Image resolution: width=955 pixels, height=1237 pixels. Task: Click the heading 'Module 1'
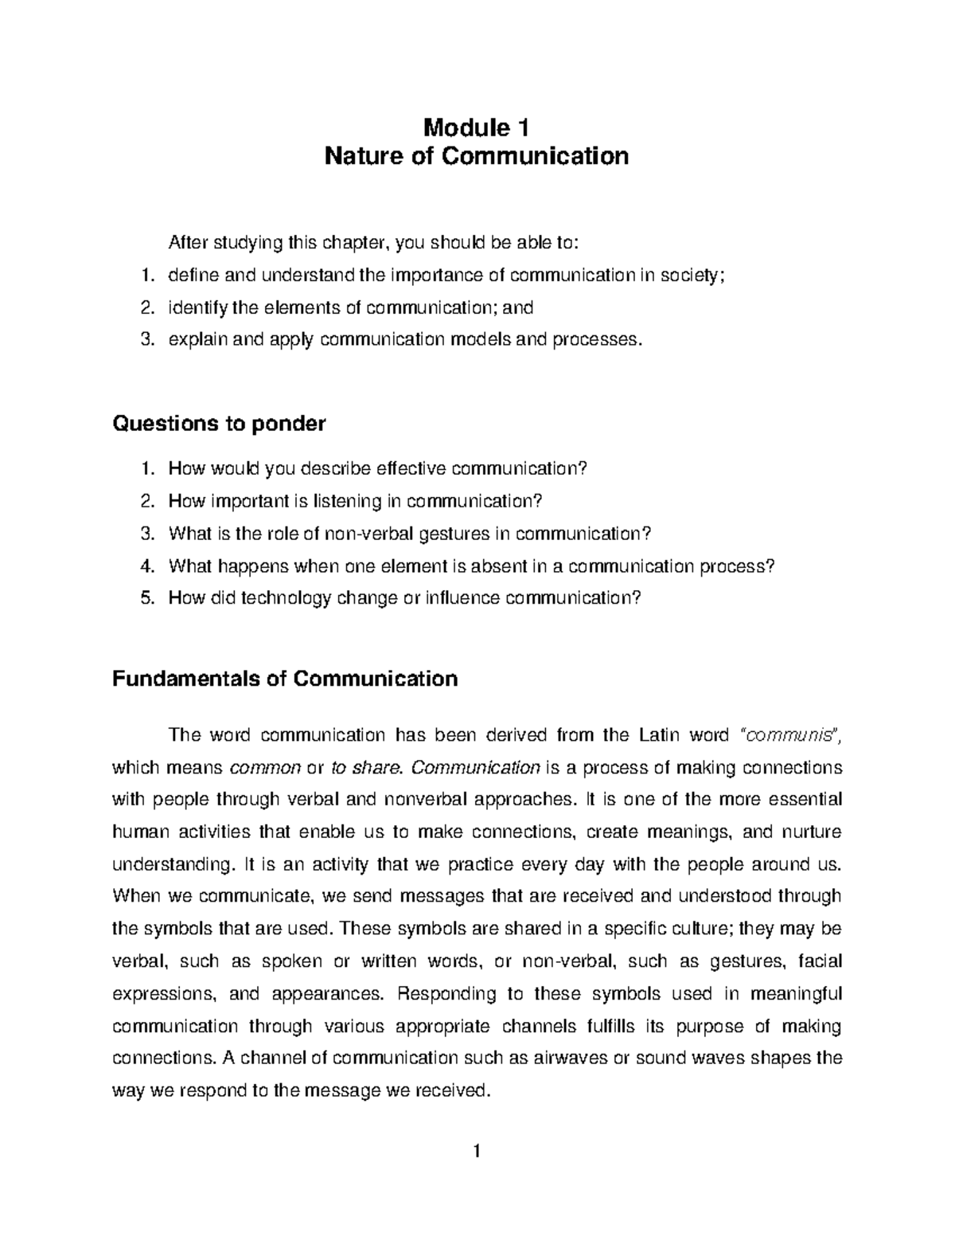pyautogui.click(x=477, y=127)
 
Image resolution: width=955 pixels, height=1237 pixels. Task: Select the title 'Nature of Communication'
pyautogui.click(x=477, y=155)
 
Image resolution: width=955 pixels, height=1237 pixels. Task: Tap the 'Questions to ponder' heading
pyautogui.click(x=219, y=423)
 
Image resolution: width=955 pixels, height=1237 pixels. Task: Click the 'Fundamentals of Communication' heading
pyautogui.click(x=285, y=679)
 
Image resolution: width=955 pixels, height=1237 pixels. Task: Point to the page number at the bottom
pyautogui.click(x=477, y=1151)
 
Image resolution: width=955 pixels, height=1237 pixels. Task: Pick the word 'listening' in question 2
pyautogui.click(x=369, y=501)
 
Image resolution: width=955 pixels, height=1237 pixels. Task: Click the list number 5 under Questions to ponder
pyautogui.click(x=146, y=597)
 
